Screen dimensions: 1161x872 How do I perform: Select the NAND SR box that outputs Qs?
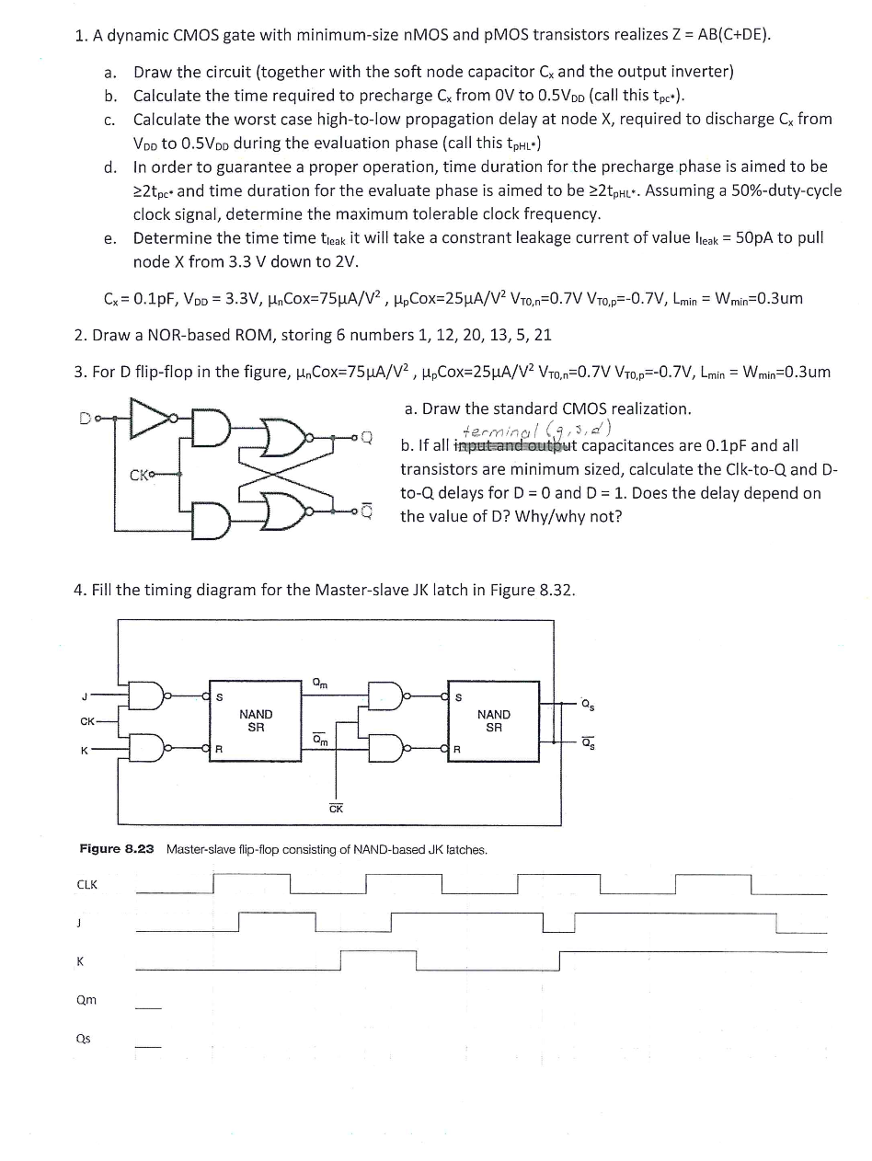pyautogui.click(x=493, y=720)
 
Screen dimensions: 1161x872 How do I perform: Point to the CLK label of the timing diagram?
pyautogui.click(x=87, y=885)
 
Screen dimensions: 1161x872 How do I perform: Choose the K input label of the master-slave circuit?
pyautogui.click(x=84, y=751)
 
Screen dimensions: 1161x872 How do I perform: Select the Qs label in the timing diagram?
pyautogui.click(x=84, y=1039)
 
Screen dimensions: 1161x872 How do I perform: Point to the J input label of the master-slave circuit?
pyautogui.click(x=84, y=695)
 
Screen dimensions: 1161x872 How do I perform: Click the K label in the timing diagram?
pyautogui.click(x=81, y=961)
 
